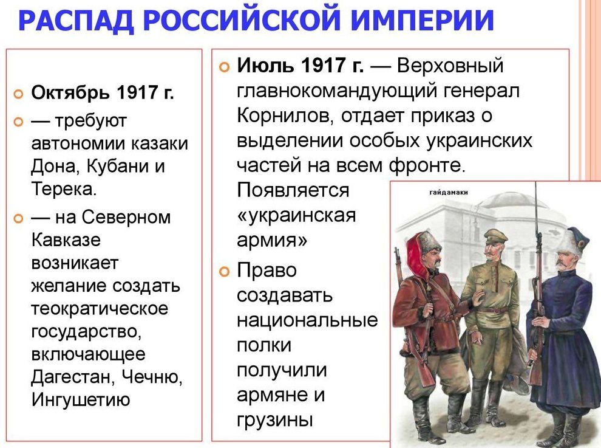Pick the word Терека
pos(64,189)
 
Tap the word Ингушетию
pos(81,400)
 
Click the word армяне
pos(273,395)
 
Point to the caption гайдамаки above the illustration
pos(449,192)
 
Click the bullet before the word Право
pos(224,272)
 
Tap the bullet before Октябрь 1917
pos(18,94)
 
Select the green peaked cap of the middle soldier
pos(495,235)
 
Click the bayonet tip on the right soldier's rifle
pos(535,184)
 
